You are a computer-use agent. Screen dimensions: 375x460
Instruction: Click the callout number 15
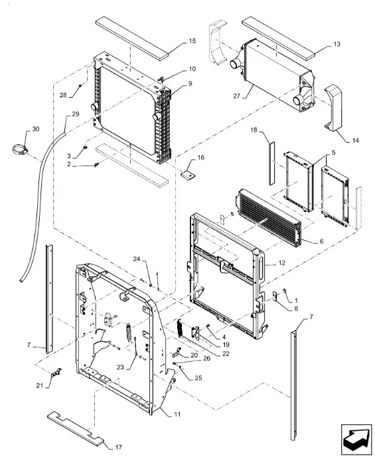pyautogui.click(x=192, y=41)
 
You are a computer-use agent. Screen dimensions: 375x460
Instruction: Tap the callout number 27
pyautogui.click(x=237, y=96)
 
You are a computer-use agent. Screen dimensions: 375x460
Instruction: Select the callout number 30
pyautogui.click(x=35, y=129)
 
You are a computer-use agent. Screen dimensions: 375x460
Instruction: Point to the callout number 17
pyautogui.click(x=118, y=447)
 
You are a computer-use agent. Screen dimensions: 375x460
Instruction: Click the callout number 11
pyautogui.click(x=177, y=414)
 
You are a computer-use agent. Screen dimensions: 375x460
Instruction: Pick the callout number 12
pyautogui.click(x=281, y=263)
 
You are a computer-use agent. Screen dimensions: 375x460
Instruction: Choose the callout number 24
pyautogui.click(x=137, y=259)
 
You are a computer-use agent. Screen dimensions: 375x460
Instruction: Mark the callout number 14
pyautogui.click(x=355, y=140)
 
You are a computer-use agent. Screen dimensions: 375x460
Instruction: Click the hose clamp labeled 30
pyautogui.click(x=20, y=150)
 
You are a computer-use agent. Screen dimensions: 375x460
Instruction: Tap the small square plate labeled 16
pyautogui.click(x=188, y=175)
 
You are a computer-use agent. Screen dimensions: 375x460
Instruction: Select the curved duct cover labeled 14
pyautogui.click(x=333, y=107)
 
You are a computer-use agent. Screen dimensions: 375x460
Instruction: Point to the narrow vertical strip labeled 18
pyautogui.click(x=272, y=164)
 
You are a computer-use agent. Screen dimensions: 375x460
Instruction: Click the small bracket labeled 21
pyautogui.click(x=56, y=373)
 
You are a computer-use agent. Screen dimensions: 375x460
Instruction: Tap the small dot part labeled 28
pyautogui.click(x=80, y=86)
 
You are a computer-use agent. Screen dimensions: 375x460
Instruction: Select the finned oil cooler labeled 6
pyautogui.click(x=268, y=217)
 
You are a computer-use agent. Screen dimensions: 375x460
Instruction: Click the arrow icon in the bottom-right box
pyautogui.click(x=355, y=437)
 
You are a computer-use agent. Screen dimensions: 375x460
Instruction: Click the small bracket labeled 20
pyautogui.click(x=177, y=352)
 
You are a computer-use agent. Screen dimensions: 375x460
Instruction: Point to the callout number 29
pyautogui.click(x=76, y=114)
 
